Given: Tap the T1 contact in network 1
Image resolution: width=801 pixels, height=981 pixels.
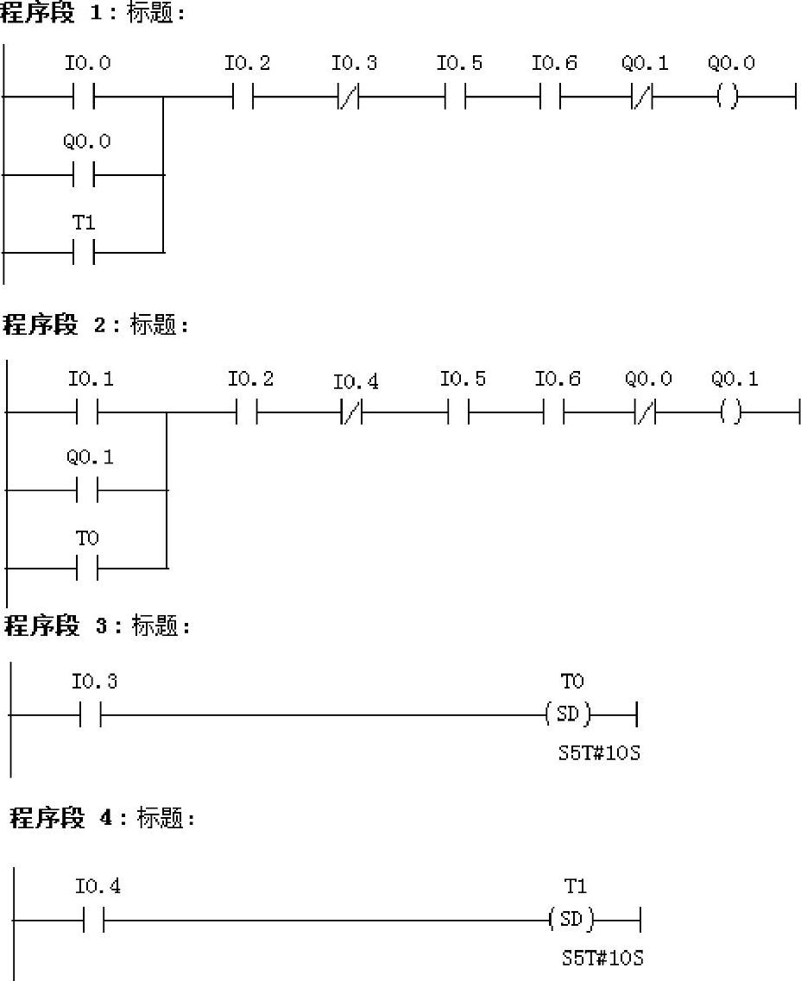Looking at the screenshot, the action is click(x=84, y=253).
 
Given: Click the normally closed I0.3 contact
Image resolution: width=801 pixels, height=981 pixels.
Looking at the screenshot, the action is click(x=349, y=97).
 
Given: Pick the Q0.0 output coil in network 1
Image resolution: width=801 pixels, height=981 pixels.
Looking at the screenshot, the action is click(x=728, y=97).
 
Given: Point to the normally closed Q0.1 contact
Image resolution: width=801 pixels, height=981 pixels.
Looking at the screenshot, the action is click(x=642, y=97).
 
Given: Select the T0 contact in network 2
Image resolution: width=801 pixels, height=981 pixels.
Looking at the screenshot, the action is click(x=87, y=568).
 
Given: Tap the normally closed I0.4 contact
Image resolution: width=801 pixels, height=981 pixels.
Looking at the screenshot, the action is click(x=352, y=413).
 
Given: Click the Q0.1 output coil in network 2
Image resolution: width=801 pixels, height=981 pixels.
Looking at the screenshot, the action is click(x=731, y=413).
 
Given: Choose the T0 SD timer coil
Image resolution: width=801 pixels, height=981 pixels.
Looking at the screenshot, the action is click(x=570, y=714).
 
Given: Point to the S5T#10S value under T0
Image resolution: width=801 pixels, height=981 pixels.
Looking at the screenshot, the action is click(x=599, y=754).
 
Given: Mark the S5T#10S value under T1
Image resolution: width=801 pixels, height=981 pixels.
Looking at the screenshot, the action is click(x=602, y=959).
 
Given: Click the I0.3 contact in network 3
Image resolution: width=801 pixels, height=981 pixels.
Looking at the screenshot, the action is click(x=91, y=714).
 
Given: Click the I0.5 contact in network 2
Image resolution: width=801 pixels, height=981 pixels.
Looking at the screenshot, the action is click(x=458, y=413).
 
